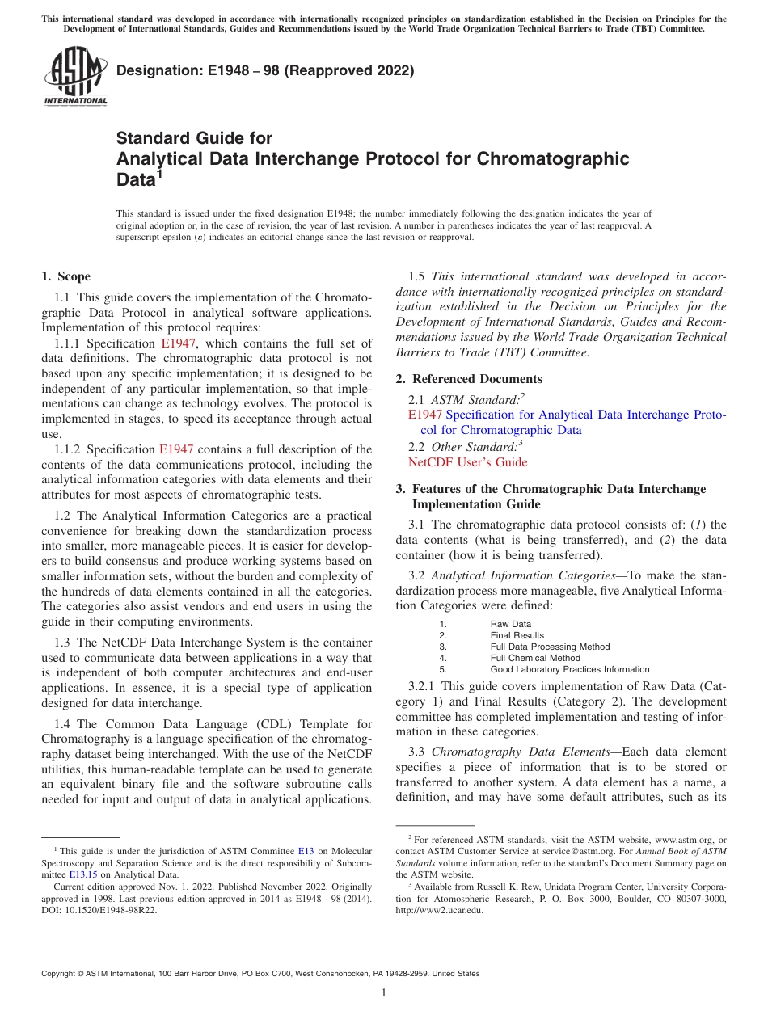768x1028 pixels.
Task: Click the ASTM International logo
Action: pos(75,77)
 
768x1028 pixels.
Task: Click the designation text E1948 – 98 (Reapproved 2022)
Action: pos(264,70)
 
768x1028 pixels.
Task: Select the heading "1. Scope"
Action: pos(66,276)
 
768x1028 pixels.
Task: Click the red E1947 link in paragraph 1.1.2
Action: pos(176,449)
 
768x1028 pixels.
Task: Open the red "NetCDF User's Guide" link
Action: pos(467,462)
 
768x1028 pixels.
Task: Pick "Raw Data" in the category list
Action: pos(510,624)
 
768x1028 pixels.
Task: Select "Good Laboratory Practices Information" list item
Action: pos(569,669)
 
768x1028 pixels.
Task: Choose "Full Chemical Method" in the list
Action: pos(534,658)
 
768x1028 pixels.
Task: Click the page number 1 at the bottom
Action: pos(384,993)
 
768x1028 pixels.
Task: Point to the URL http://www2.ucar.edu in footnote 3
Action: pos(439,910)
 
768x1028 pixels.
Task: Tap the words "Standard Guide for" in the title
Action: pos(194,138)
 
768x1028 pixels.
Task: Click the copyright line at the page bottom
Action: pos(260,974)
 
